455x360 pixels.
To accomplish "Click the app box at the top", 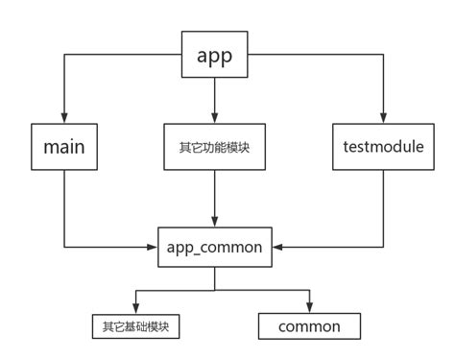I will pos(214,56).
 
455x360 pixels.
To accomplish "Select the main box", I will pos(64,148).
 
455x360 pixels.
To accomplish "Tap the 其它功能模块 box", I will pos(214,148).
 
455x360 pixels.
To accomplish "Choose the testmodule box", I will pos(383,148).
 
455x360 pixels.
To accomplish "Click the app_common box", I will pos(214,247).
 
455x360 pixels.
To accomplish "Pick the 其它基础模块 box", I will pos(134,326).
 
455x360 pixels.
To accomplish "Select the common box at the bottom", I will pos(309,326).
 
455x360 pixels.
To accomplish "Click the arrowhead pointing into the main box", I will pos(64,118).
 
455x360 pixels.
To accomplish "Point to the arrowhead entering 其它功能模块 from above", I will pos(214,118).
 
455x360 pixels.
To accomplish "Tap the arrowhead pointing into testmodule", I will pos(383,118).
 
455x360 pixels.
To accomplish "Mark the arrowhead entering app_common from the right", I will pos(278,248).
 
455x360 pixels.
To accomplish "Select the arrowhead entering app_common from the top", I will pos(214,221).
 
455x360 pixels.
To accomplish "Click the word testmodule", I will pos(383,148).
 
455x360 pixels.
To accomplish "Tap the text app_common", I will pos(214,247).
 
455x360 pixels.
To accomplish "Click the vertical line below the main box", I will pos(64,211).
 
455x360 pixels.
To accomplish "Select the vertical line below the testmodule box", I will pos(383,211).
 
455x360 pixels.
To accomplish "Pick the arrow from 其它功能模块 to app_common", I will pos(214,197).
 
